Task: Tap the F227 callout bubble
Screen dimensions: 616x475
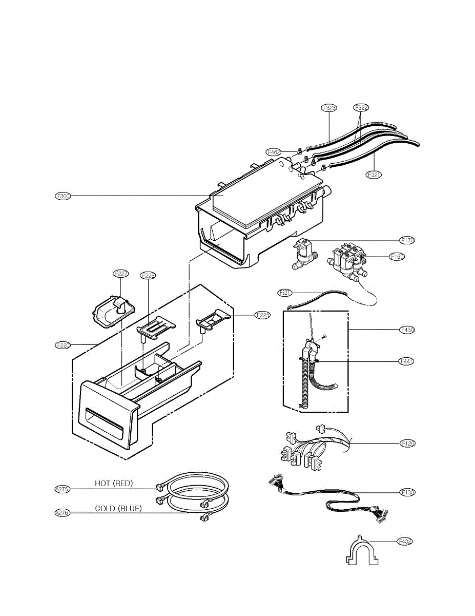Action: [121, 274]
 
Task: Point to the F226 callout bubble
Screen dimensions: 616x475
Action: [148, 276]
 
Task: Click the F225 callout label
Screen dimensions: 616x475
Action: [262, 315]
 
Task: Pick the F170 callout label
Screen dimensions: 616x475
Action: [407, 240]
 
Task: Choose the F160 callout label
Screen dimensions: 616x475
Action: [397, 257]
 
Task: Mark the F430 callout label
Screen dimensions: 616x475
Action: [407, 330]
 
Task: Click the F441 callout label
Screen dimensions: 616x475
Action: [407, 361]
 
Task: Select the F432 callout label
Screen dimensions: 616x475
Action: [405, 541]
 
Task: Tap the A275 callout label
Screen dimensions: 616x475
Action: [63, 489]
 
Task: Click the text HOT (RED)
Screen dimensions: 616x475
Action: [114, 484]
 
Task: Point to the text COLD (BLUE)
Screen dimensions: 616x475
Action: [118, 509]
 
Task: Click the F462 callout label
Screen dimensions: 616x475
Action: [274, 152]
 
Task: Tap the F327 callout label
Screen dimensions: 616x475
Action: [285, 293]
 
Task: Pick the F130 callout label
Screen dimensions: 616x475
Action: [407, 492]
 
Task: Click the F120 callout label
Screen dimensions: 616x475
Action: [407, 443]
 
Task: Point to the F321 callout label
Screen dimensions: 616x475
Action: [374, 175]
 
